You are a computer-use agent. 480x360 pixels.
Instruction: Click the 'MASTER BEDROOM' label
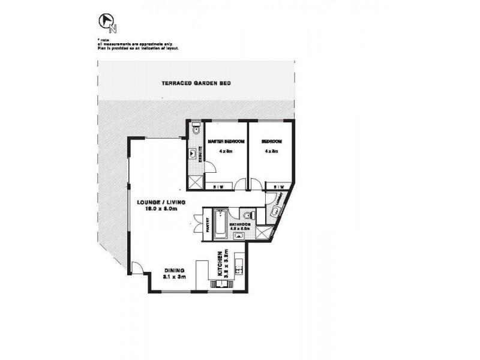(x=226, y=142)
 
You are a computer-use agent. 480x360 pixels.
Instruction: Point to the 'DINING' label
(x=174, y=270)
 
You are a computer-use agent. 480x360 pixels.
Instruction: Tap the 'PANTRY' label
(x=207, y=223)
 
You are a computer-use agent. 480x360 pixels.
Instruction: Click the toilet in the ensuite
(x=196, y=130)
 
